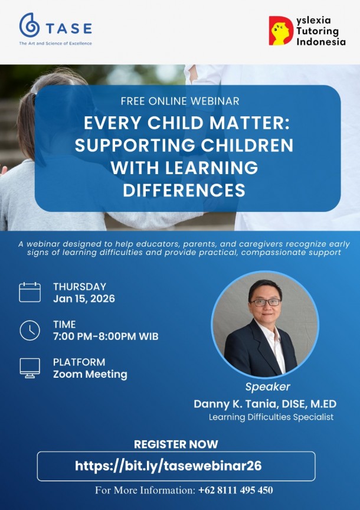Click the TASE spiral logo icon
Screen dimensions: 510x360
click(x=29, y=25)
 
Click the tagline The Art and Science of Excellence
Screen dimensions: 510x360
click(x=55, y=44)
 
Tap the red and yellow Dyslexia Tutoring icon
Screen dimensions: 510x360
click(x=281, y=31)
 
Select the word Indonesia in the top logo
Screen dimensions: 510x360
click(x=321, y=42)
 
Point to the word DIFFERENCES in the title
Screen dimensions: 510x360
click(x=184, y=190)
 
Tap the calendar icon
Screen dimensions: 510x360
click(x=30, y=292)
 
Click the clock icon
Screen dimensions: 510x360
click(x=30, y=330)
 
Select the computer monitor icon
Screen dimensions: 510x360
click(x=30, y=368)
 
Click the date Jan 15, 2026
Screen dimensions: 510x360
click(x=84, y=299)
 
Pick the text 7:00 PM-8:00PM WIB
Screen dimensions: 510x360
click(x=106, y=336)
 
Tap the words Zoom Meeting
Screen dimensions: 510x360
click(x=90, y=374)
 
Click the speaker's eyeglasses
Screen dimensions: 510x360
click(x=265, y=302)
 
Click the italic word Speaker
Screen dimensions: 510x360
click(x=267, y=387)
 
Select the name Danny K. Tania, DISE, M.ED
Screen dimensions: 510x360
click(x=265, y=404)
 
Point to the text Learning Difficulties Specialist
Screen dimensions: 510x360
click(x=271, y=417)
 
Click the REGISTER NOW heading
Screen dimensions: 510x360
click(x=176, y=444)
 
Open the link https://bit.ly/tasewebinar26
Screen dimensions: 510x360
click(x=176, y=466)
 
